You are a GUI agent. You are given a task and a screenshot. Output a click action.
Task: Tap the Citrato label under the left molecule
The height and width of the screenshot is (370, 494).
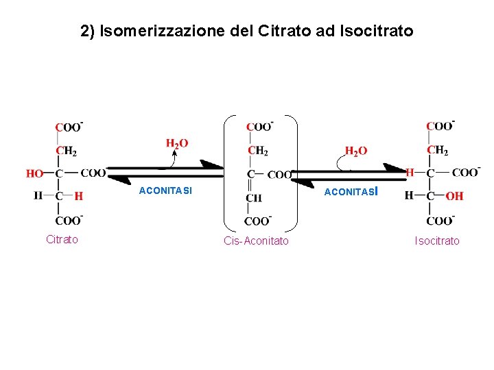point(62,239)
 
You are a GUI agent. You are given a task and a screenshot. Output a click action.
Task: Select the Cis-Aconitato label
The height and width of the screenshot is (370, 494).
point(257,241)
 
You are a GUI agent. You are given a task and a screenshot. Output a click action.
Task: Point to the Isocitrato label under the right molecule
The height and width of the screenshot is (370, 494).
point(437,241)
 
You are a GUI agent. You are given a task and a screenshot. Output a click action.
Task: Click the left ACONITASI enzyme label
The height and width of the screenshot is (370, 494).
point(165,190)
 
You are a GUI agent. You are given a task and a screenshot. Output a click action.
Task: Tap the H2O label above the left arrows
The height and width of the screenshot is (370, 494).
point(177,144)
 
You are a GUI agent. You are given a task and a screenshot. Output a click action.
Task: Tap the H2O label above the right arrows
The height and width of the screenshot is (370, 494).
point(355,151)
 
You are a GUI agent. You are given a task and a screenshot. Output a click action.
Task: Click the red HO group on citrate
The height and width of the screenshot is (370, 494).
point(35,174)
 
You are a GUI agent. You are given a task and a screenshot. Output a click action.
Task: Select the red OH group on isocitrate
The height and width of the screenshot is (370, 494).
point(454,196)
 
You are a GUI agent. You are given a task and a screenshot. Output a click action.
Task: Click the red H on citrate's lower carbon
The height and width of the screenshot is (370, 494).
point(79,196)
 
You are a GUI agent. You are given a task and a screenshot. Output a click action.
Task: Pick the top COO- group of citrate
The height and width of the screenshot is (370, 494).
point(69,127)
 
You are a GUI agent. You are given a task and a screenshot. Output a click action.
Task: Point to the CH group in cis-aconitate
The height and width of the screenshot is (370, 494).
point(253,198)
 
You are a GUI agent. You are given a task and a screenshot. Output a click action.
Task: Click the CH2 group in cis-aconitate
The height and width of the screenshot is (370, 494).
point(258,151)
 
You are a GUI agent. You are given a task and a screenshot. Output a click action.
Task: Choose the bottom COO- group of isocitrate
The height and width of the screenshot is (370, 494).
point(440,221)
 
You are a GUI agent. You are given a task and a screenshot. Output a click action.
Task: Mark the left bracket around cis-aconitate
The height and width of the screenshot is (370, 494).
point(228,171)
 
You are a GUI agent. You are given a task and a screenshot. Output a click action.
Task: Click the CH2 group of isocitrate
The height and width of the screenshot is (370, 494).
point(437,150)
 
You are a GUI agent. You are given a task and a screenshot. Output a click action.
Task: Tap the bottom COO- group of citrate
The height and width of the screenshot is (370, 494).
point(69,220)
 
